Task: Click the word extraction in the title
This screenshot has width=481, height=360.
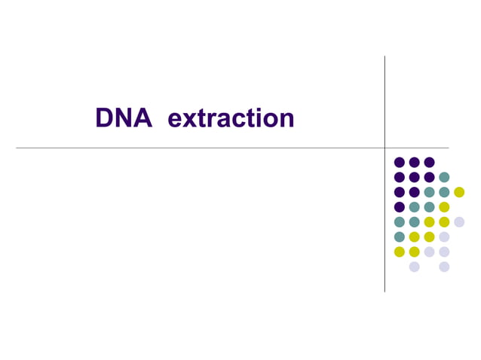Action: click(x=230, y=118)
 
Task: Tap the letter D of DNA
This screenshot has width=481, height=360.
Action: click(x=104, y=118)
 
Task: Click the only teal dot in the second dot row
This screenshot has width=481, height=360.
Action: click(x=444, y=177)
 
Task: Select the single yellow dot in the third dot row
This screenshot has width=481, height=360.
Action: click(x=459, y=192)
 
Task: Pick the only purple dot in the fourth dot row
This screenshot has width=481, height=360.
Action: click(x=399, y=207)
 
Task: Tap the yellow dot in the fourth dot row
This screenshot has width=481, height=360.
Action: click(x=444, y=207)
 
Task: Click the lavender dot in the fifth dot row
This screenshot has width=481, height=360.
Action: click(x=459, y=222)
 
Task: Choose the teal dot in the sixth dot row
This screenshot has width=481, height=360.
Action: click(x=399, y=237)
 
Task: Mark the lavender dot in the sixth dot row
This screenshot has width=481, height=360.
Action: click(x=444, y=237)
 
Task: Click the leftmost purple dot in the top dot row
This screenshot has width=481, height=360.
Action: click(x=399, y=162)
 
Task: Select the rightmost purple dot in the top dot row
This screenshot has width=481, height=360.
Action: click(x=429, y=162)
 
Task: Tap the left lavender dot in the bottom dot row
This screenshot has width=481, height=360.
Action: click(x=414, y=267)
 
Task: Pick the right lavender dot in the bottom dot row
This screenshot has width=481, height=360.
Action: click(x=444, y=267)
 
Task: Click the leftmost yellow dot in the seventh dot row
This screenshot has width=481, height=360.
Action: click(x=399, y=252)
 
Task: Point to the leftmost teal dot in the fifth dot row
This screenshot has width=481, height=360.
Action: click(x=399, y=222)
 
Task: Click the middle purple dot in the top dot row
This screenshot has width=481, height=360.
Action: click(x=414, y=162)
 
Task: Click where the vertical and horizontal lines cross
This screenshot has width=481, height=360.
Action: click(x=384, y=148)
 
